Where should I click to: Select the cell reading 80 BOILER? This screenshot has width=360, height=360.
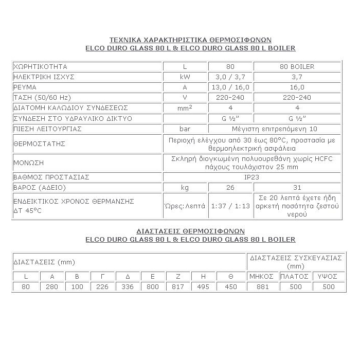(x=297, y=67)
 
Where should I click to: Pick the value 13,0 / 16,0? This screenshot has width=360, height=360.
(x=230, y=87)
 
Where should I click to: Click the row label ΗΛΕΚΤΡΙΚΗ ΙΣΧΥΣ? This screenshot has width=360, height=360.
(x=44, y=77)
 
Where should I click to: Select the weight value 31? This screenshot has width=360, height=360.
(x=297, y=188)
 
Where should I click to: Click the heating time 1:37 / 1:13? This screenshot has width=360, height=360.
(x=230, y=206)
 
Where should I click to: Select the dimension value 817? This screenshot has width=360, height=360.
(x=178, y=287)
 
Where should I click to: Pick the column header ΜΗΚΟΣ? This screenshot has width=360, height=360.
(x=262, y=277)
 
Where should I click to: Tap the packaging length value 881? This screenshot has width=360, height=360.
(x=262, y=287)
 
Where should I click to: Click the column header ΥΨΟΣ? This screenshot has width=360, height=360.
(x=327, y=277)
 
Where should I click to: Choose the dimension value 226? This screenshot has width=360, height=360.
(x=102, y=287)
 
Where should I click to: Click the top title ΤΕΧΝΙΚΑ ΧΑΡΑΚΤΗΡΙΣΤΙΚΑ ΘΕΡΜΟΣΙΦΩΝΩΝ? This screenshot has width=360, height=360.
(x=190, y=40)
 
